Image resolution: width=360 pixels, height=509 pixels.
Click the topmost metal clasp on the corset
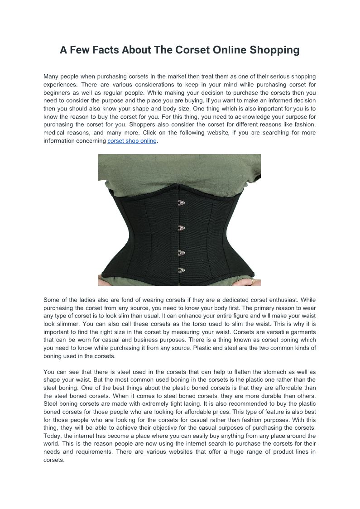point(181,203)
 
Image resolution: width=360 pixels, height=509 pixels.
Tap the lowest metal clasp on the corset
point(181,270)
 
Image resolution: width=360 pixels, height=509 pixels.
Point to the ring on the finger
point(253,281)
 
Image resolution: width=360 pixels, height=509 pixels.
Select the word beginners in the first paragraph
point(59,92)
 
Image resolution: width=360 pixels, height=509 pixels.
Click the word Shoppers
point(144,125)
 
